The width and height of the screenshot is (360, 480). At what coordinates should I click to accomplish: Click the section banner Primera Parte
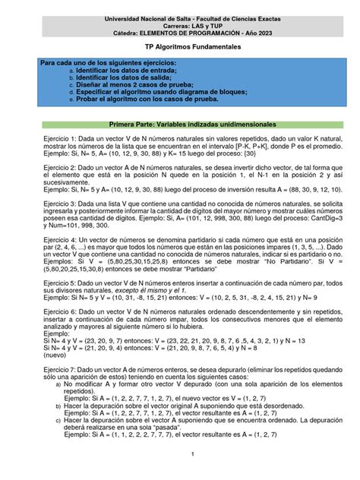point(179,123)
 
